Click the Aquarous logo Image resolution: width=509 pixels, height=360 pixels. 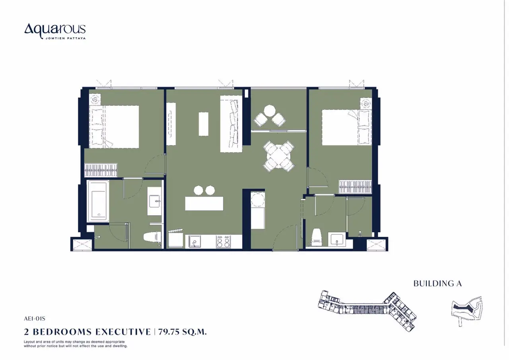pos(55,31)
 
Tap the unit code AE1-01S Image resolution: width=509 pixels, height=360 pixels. pos(35,319)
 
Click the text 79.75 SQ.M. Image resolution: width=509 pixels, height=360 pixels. pos(183,332)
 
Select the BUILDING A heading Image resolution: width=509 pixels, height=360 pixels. pos(437,283)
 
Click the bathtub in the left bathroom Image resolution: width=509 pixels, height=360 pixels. pos(98,201)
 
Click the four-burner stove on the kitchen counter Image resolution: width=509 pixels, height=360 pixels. pos(223,241)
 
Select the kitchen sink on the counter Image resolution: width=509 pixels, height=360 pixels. pos(194,241)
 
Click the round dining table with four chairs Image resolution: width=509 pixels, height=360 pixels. pos(279,156)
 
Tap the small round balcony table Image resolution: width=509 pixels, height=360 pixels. pos(270,111)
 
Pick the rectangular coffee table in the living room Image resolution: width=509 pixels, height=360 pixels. pos(203,124)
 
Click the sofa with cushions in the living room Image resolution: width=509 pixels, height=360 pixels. pos(231,124)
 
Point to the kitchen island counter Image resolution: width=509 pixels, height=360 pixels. pos(204,203)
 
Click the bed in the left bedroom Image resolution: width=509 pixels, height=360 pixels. pos(114,127)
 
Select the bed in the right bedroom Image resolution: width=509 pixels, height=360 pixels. pos(347,127)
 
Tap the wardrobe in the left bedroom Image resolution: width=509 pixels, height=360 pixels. pos(101,170)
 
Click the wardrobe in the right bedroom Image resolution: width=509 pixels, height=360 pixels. pos(355,187)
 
